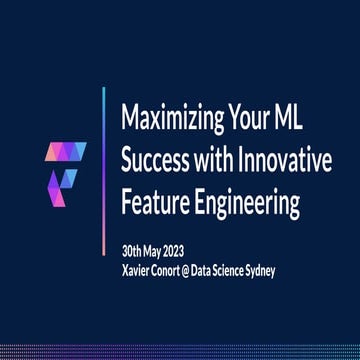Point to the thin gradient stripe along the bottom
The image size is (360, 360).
coord(180,353)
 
